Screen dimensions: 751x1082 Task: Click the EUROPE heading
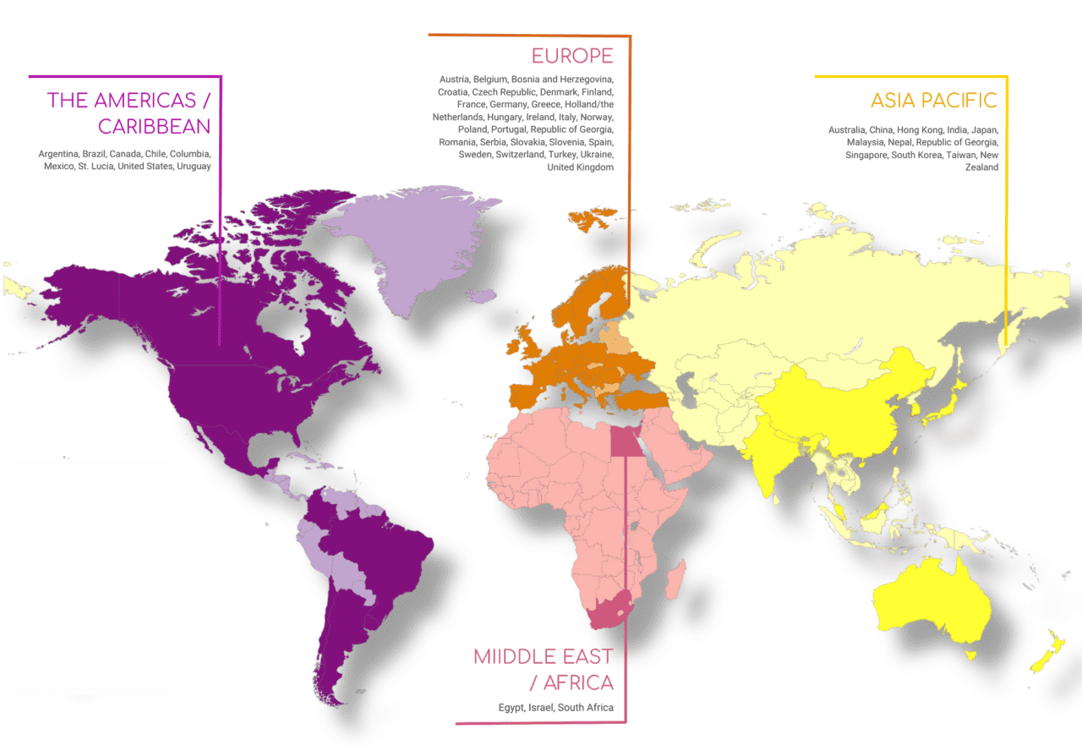(572, 57)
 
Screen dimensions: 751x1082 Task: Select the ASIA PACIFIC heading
(933, 101)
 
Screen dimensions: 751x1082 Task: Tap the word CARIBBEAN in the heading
(154, 126)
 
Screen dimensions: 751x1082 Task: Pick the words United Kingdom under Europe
(580, 167)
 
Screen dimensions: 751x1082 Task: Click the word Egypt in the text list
(511, 707)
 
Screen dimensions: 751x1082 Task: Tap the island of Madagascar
(675, 584)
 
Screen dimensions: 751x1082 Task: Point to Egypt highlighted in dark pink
(624, 441)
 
